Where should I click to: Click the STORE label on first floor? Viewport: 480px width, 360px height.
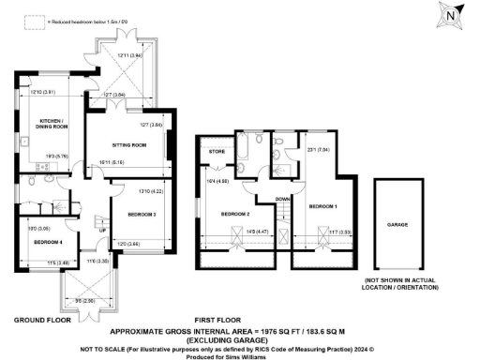click(x=217, y=150)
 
